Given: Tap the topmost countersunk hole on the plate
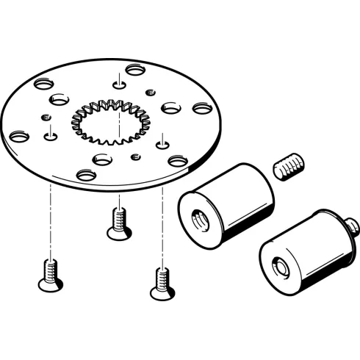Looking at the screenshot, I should click(x=134, y=70).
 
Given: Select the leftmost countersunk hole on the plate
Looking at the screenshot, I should click(x=18, y=136).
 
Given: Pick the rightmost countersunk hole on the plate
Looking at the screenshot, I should click(x=201, y=108).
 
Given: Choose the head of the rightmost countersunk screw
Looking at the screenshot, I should click(x=162, y=292).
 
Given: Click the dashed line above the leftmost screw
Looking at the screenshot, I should click(x=49, y=220).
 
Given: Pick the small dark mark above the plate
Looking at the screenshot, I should click(x=108, y=56).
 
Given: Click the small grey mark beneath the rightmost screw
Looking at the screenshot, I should click(x=162, y=302).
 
